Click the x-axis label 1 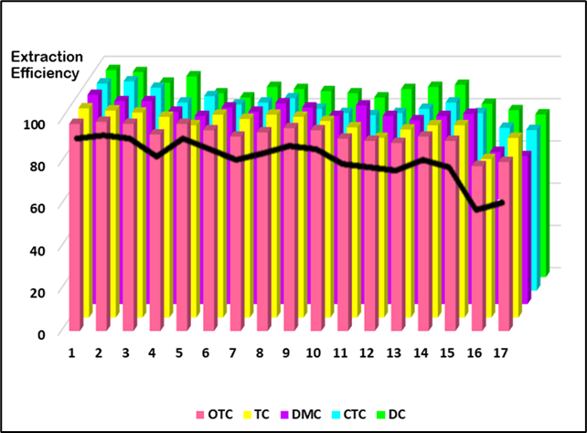72,352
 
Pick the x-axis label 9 286,352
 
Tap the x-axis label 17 501,352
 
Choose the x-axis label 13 394,352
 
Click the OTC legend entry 213,414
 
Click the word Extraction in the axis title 47,57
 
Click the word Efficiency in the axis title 45,73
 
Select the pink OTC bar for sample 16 478,247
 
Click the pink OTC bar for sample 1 75,229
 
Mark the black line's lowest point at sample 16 477,210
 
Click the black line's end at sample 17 502,202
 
